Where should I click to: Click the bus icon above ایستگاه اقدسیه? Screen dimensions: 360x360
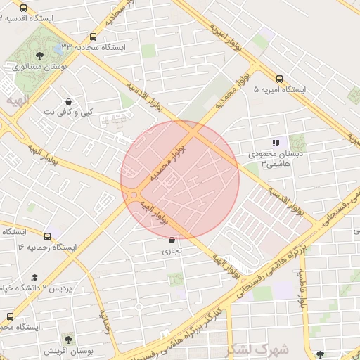point(24,8)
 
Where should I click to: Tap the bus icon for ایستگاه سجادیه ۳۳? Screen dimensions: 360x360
point(94,37)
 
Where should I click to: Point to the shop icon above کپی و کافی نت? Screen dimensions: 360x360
point(67,102)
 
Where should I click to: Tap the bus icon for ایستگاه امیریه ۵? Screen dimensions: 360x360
point(279,79)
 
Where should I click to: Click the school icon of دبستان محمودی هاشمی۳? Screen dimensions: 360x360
point(276,143)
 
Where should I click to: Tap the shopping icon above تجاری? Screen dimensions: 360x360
point(172,240)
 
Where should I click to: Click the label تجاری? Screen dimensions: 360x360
point(172,250)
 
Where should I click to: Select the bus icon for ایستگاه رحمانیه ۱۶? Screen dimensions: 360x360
point(47,237)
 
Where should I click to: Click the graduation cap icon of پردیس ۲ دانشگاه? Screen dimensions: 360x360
point(34,278)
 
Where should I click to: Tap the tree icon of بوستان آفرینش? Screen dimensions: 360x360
point(67,339)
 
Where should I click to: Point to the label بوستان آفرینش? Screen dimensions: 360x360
point(65,350)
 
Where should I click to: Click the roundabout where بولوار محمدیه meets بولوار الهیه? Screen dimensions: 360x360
point(134,195)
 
